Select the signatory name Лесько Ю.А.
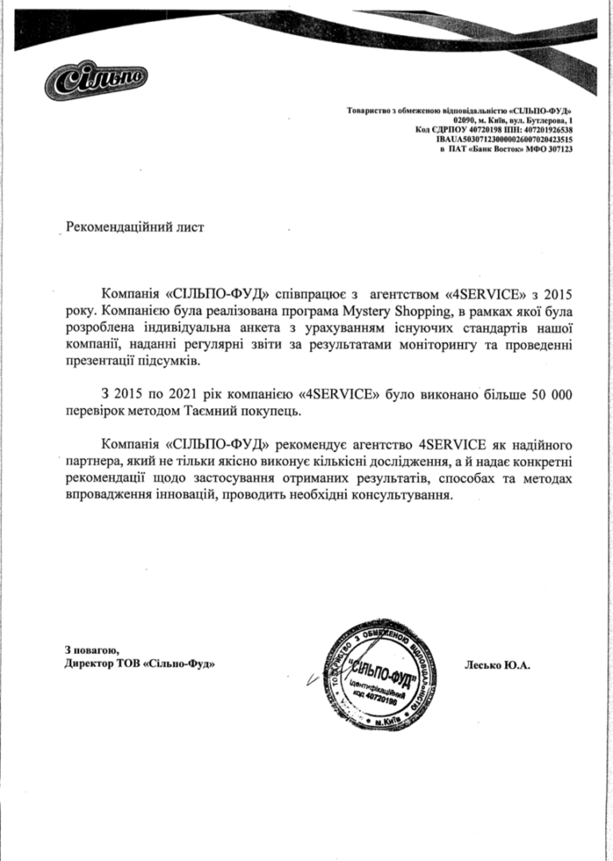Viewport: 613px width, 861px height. coord(497,663)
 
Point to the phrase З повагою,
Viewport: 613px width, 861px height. coord(92,649)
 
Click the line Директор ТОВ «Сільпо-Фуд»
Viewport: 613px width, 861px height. coord(139,663)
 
